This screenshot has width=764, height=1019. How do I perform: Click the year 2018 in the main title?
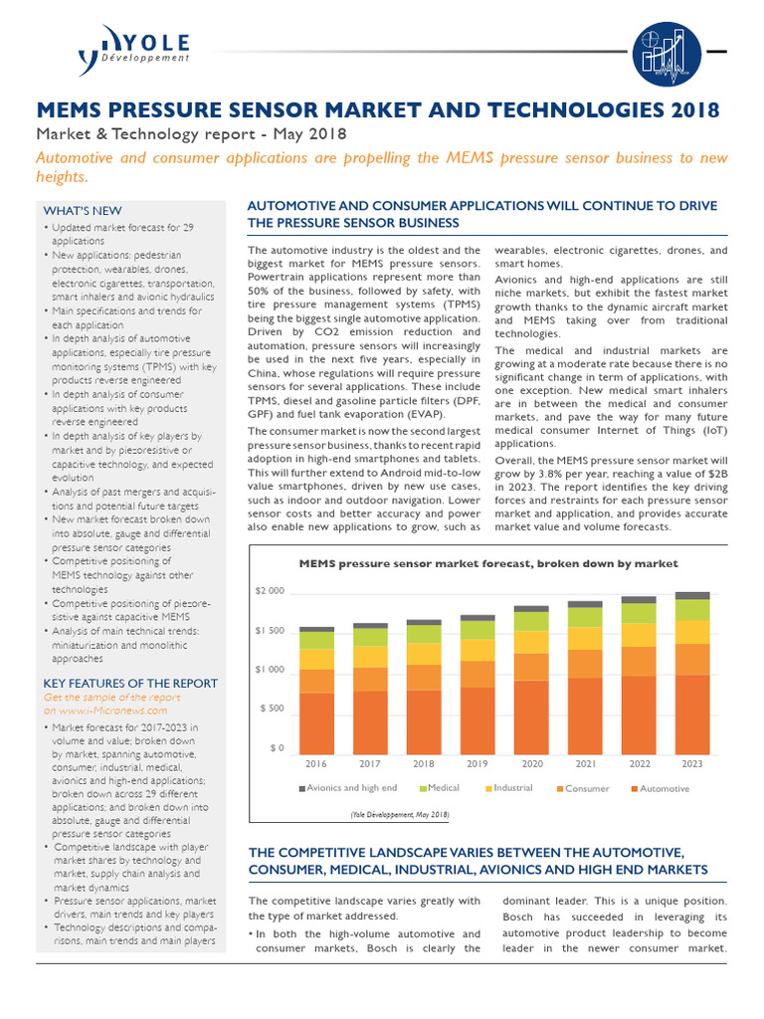pyautogui.click(x=687, y=108)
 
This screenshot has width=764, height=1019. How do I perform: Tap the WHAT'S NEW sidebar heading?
pyautogui.click(x=83, y=211)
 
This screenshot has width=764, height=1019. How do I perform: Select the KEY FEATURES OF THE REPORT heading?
pyautogui.click(x=130, y=682)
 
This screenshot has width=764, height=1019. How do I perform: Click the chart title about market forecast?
pyautogui.click(x=488, y=563)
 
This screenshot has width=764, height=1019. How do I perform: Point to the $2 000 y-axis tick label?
pyautogui.click(x=270, y=591)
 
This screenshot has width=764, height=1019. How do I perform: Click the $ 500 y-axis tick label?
pyautogui.click(x=272, y=709)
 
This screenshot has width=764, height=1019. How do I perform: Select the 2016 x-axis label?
pyautogui.click(x=316, y=764)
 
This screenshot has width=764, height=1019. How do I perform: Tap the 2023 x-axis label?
pyautogui.click(x=692, y=764)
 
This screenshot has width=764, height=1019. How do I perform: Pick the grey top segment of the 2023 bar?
pyautogui.click(x=692, y=595)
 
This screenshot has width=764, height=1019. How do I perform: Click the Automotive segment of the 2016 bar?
pyautogui.click(x=316, y=722)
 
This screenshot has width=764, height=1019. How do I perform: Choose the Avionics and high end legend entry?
pyautogui.click(x=348, y=788)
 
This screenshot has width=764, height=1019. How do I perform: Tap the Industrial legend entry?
pyautogui.click(x=508, y=788)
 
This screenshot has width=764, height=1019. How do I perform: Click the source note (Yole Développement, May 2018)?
pyautogui.click(x=399, y=814)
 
